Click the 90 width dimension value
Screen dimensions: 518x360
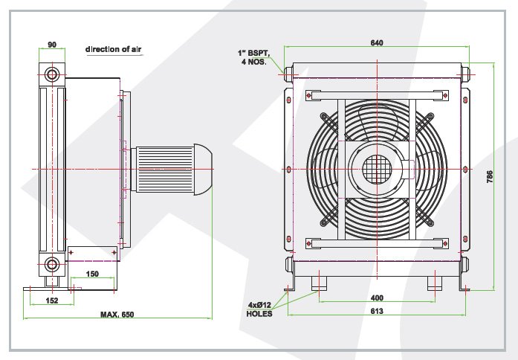pyautogui.click(x=52, y=45)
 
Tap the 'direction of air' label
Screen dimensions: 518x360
pyautogui.click(x=113, y=49)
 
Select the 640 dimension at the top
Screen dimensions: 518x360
pyautogui.click(x=377, y=42)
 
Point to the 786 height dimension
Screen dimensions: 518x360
pyautogui.click(x=489, y=176)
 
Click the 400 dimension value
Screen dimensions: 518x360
pyautogui.click(x=377, y=298)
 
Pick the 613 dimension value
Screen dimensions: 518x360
pyautogui.click(x=377, y=311)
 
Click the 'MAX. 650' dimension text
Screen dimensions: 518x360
pyautogui.click(x=117, y=315)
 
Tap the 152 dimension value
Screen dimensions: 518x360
pyautogui.click(x=52, y=300)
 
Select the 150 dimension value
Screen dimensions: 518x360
pyautogui.click(x=92, y=274)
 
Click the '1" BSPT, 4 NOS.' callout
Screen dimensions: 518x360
pyautogui.click(x=253, y=57)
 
